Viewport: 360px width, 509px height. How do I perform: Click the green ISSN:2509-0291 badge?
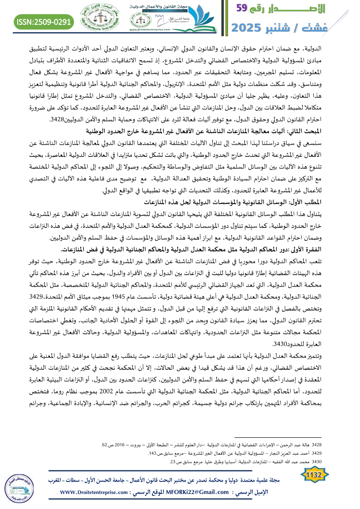click(x=45, y=21)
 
